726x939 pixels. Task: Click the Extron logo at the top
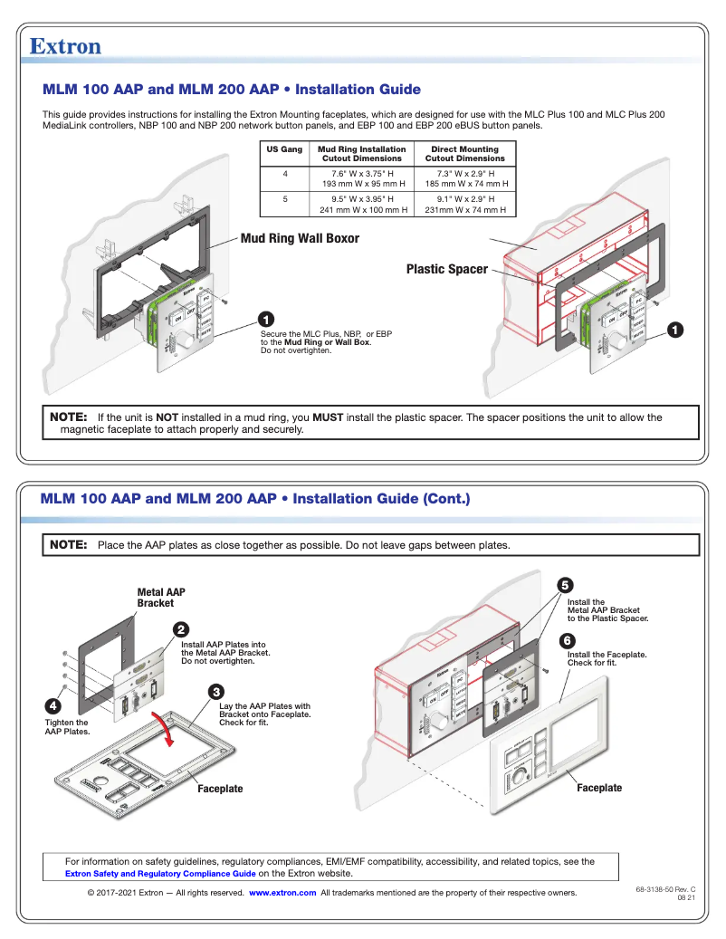(66, 47)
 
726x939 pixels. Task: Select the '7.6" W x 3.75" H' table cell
(362, 172)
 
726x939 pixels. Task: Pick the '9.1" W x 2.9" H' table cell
(466, 199)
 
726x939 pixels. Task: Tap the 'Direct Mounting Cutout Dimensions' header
(465, 153)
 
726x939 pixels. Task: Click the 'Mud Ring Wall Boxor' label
(300, 239)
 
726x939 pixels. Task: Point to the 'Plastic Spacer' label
(446, 269)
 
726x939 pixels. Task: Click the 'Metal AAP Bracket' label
(161, 598)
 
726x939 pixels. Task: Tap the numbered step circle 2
(181, 629)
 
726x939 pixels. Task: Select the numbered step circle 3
(217, 693)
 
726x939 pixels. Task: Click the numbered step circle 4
(53, 705)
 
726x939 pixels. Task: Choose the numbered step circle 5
(565, 585)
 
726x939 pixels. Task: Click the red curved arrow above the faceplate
(165, 727)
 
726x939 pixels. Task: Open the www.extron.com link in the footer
(282, 893)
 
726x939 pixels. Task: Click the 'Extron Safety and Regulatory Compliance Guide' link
(160, 874)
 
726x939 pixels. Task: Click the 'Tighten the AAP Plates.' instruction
(67, 727)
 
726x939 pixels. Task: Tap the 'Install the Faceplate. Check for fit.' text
(607, 658)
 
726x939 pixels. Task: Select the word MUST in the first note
(327, 417)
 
